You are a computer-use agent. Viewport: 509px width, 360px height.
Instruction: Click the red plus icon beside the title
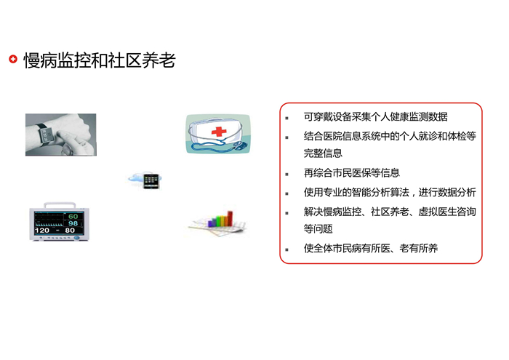[x=13, y=59]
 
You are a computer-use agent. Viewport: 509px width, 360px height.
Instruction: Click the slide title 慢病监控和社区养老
[x=100, y=60]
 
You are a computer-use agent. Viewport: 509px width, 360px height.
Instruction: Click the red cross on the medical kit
[x=219, y=132]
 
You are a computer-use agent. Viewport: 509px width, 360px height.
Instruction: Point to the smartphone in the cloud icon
[x=151, y=181]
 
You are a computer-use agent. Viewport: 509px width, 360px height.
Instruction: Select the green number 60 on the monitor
[x=73, y=217]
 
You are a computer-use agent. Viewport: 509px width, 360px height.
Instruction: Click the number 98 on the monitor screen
[x=73, y=223]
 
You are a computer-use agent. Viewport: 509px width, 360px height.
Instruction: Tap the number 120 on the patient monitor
[x=42, y=231]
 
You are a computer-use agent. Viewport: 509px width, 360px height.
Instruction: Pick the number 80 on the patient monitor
[x=70, y=231]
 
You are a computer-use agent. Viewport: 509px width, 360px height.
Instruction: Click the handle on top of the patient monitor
[x=60, y=205]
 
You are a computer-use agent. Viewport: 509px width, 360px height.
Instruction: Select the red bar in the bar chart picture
[x=230, y=218]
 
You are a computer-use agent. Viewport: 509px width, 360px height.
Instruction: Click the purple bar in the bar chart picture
[x=211, y=223]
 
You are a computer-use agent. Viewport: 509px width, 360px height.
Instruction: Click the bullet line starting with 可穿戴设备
[x=376, y=117]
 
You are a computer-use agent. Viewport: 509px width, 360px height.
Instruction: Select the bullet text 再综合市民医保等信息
[x=351, y=172]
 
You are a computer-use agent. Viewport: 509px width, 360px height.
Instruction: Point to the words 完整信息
[x=323, y=153]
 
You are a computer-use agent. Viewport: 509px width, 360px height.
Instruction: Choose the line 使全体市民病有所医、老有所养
[x=371, y=248]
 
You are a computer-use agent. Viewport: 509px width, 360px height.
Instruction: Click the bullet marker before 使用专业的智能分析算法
[x=286, y=193]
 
